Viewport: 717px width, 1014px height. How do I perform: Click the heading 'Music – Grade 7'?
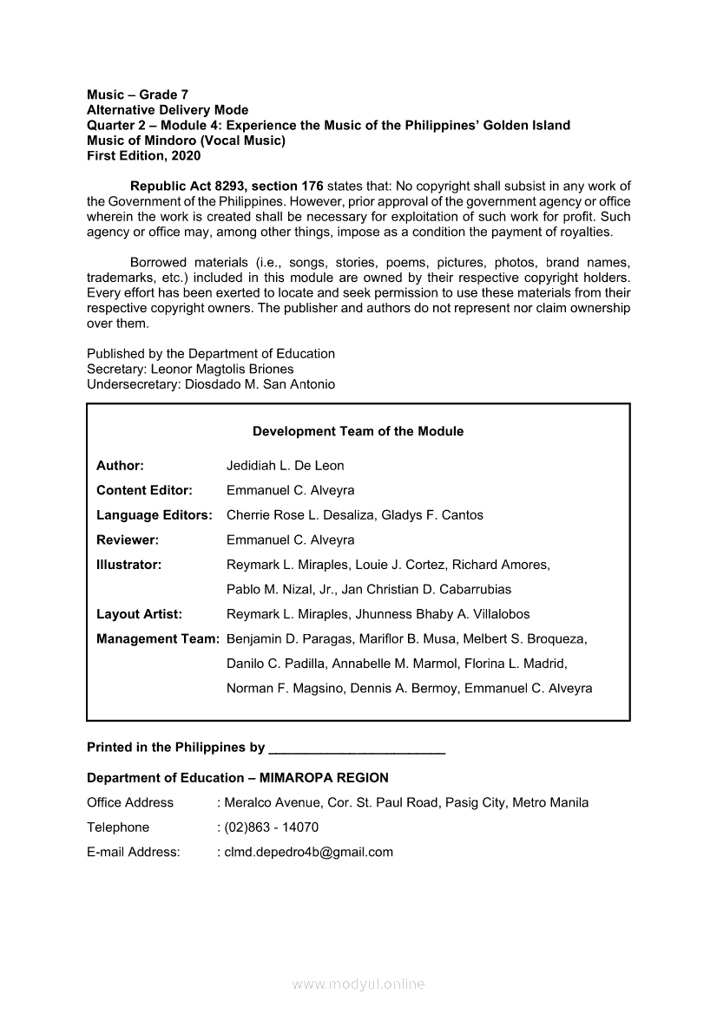137,94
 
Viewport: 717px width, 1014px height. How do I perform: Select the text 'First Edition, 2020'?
143,156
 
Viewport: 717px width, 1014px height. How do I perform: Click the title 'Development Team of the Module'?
358,431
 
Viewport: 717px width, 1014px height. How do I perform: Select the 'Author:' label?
120,466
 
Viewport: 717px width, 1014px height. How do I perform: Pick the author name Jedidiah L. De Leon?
285,466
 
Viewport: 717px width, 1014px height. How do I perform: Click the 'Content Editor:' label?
144,490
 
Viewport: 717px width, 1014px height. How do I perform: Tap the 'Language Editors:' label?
155,515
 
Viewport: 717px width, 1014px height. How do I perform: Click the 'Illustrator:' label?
129,565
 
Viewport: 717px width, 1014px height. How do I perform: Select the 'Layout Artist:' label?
139,614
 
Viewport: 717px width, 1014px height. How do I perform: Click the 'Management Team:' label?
158,639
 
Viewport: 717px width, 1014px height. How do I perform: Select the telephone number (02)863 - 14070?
271,828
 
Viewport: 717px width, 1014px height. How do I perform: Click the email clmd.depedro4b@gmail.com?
308,852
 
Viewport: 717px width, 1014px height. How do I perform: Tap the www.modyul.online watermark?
358,984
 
